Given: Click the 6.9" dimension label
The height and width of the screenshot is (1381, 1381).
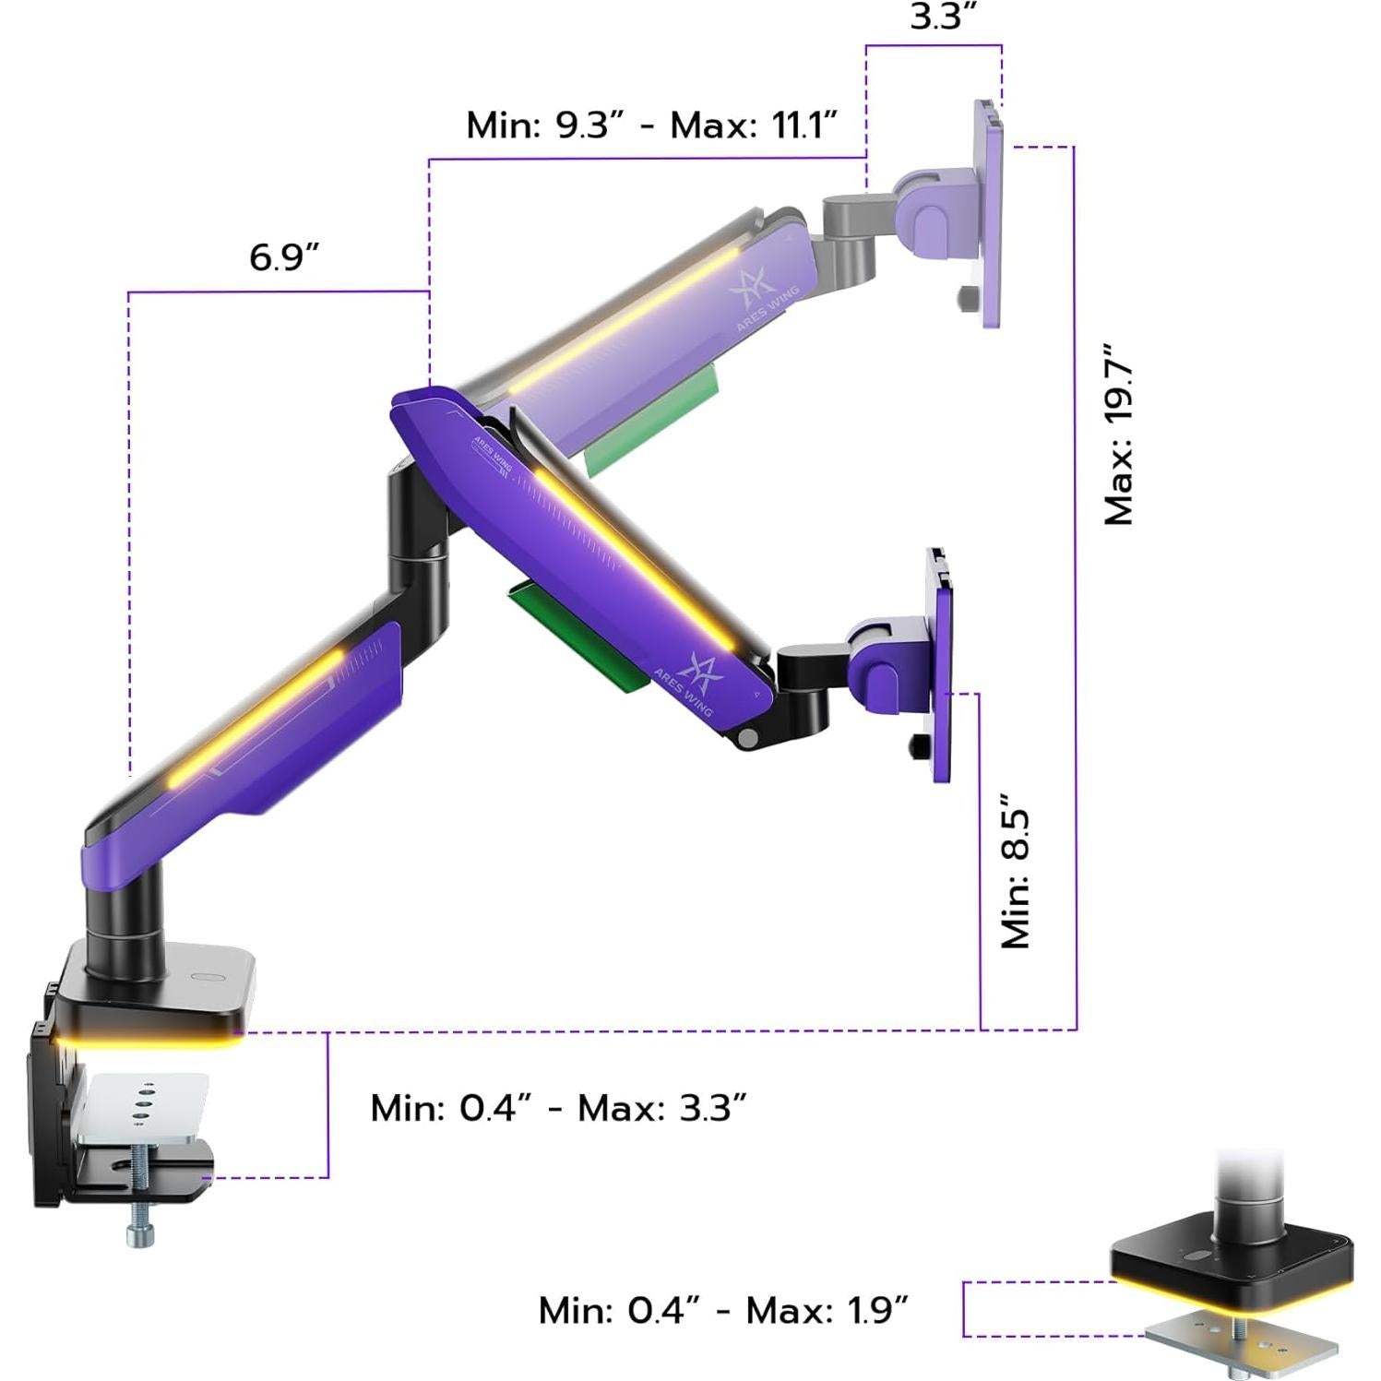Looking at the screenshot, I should (x=284, y=257).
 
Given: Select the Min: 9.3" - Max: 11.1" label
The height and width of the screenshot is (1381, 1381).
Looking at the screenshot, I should (x=651, y=125).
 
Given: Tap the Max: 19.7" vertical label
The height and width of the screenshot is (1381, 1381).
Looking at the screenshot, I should (x=1119, y=435).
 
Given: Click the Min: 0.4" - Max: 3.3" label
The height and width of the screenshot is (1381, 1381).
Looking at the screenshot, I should (x=558, y=1108).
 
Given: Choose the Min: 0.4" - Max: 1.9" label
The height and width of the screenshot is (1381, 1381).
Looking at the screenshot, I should (x=723, y=1310).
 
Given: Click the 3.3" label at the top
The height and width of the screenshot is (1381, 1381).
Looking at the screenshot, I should (x=943, y=17).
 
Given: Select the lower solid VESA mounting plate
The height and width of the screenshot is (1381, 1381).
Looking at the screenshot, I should (x=941, y=664).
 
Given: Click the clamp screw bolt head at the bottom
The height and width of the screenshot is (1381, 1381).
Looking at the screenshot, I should (x=139, y=1232).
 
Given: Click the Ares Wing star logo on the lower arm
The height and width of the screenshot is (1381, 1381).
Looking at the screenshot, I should (x=699, y=671).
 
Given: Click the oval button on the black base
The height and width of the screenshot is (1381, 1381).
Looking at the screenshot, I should (x=205, y=980).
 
